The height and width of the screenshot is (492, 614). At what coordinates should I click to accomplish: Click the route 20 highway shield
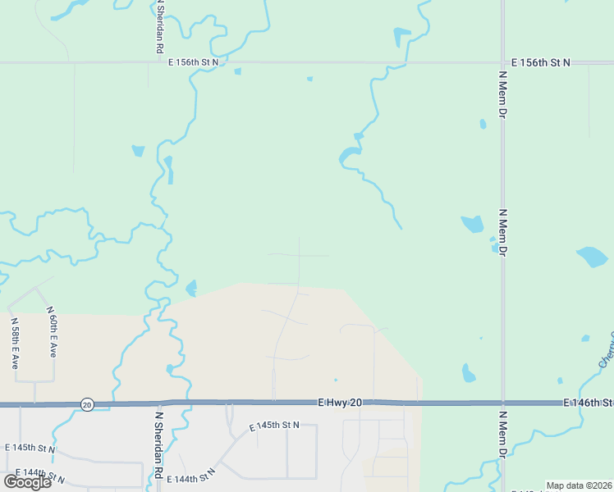pos(86,404)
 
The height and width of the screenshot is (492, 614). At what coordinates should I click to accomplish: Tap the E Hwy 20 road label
pos(340,403)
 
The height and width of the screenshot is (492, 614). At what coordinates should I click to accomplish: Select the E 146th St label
pos(588,403)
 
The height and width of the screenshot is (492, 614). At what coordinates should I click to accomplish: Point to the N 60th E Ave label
pos(52,332)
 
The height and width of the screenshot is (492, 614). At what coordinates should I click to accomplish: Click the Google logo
pos(27,481)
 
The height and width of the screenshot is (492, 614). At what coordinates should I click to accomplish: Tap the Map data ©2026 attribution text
pos(579,485)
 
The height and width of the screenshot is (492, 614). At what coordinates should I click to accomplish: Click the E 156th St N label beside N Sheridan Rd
pos(193,61)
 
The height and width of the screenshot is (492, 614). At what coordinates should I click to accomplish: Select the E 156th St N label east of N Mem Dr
pos(539,61)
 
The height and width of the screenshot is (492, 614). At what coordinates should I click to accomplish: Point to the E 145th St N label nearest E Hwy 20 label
pos(274,426)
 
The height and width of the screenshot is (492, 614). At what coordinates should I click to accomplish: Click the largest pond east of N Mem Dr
pos(593,257)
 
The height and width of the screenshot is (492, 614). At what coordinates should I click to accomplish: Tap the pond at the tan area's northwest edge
pos(191,288)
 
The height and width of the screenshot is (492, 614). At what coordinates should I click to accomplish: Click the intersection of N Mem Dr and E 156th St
pos(502,62)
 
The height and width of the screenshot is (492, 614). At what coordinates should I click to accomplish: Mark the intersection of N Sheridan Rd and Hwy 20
pos(159,403)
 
